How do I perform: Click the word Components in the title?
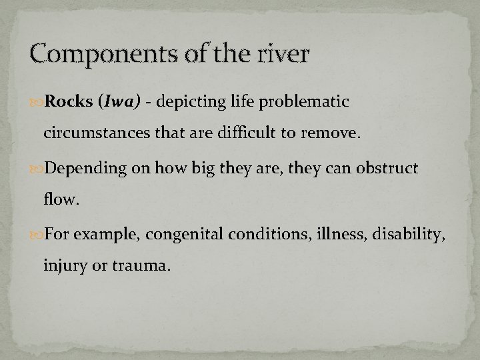[x=91, y=54]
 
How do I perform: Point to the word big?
[x=203, y=169]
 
